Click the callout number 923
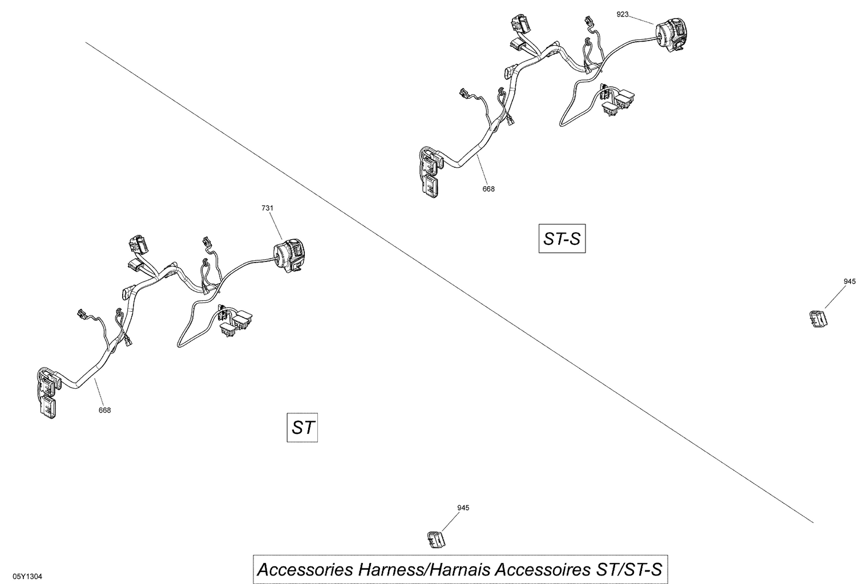tap(623, 14)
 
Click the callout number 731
tap(267, 208)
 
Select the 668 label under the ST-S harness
tap(488, 189)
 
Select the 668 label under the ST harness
tap(104, 410)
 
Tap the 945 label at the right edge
tap(850, 281)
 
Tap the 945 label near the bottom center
tap(463, 508)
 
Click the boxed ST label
tap(302, 427)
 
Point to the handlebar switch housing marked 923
tap(673, 34)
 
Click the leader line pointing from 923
tap(641, 19)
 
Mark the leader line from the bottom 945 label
tap(450, 522)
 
